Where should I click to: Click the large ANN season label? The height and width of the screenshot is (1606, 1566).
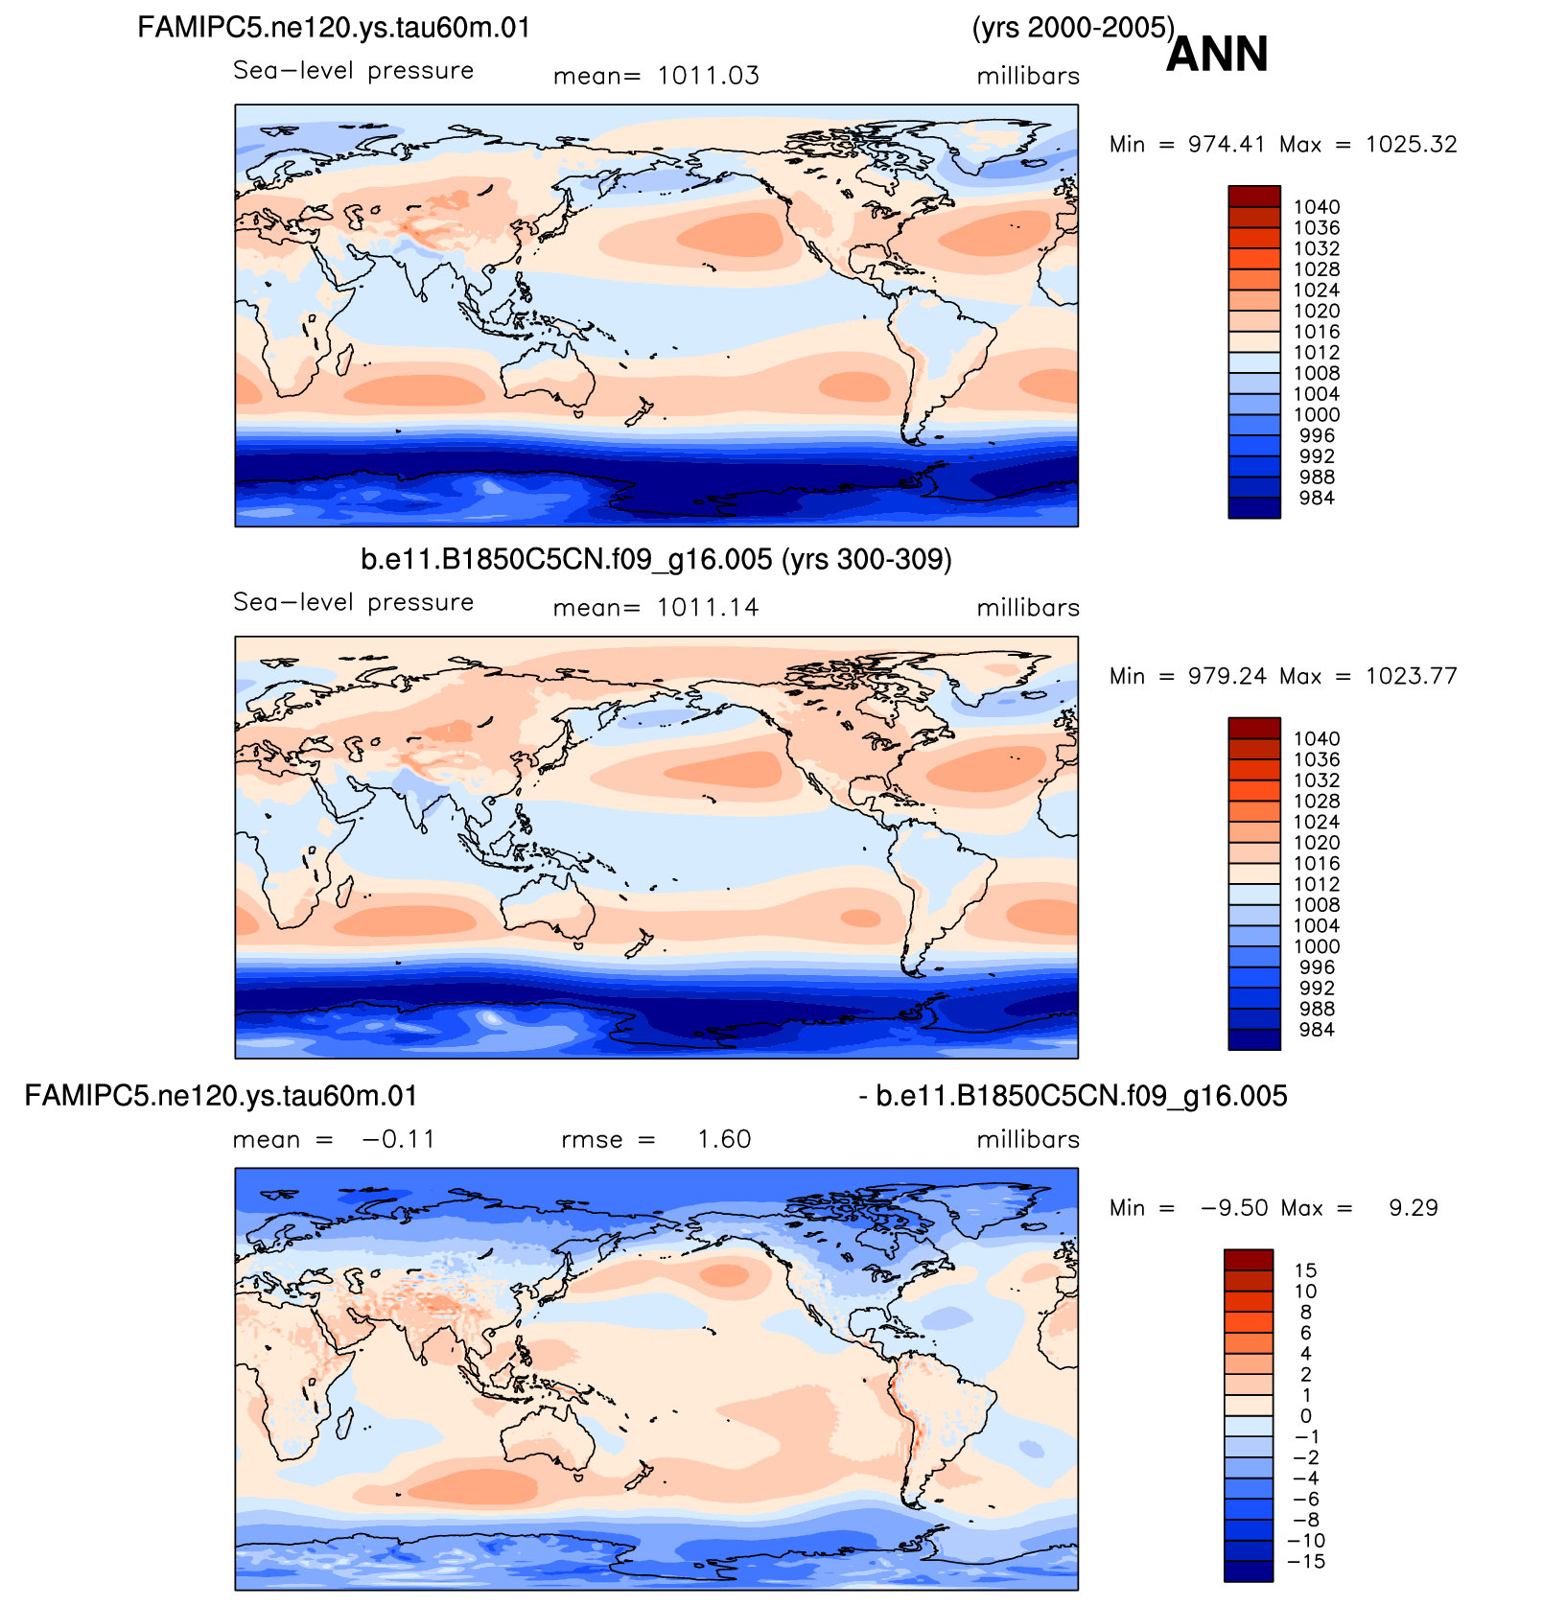point(1217,54)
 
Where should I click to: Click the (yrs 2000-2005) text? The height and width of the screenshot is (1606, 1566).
point(1073,29)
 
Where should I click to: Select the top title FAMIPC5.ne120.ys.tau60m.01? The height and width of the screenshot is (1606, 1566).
point(334,27)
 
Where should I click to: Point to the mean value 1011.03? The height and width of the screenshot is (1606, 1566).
point(709,76)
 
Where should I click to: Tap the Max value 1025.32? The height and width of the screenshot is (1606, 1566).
point(1412,144)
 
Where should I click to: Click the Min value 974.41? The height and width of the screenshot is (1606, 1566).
point(1227,144)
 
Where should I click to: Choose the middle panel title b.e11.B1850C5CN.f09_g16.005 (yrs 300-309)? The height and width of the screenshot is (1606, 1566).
point(656,559)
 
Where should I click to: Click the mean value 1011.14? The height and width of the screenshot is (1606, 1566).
point(708,608)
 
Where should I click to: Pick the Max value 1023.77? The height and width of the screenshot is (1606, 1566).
point(1412,676)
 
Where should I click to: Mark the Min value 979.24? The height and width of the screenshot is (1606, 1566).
point(1227,676)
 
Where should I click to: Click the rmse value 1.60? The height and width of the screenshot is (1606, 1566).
point(724,1139)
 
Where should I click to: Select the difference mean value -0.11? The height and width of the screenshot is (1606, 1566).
point(398,1139)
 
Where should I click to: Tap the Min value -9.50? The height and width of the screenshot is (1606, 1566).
point(1234,1208)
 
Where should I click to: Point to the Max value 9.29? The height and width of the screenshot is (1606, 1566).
point(1414,1208)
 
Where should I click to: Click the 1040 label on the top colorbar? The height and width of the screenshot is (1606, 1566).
point(1317,207)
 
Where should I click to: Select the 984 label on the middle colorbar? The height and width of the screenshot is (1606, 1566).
point(1317,1030)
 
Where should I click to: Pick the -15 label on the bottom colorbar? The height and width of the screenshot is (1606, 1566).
point(1305,1561)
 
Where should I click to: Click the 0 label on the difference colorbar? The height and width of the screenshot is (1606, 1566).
point(1305,1416)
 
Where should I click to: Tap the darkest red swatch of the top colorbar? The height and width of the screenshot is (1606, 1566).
point(1254,197)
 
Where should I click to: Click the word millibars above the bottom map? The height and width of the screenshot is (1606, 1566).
point(1028,1139)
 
